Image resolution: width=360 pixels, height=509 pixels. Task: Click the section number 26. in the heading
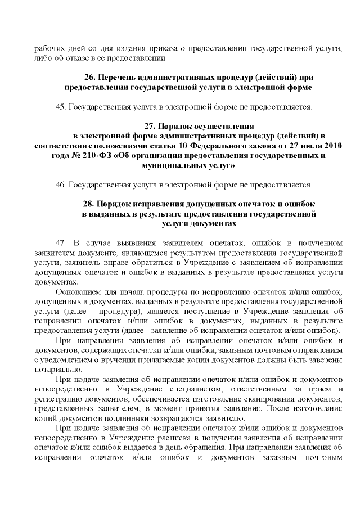90,77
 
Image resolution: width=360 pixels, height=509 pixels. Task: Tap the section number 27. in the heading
150,126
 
